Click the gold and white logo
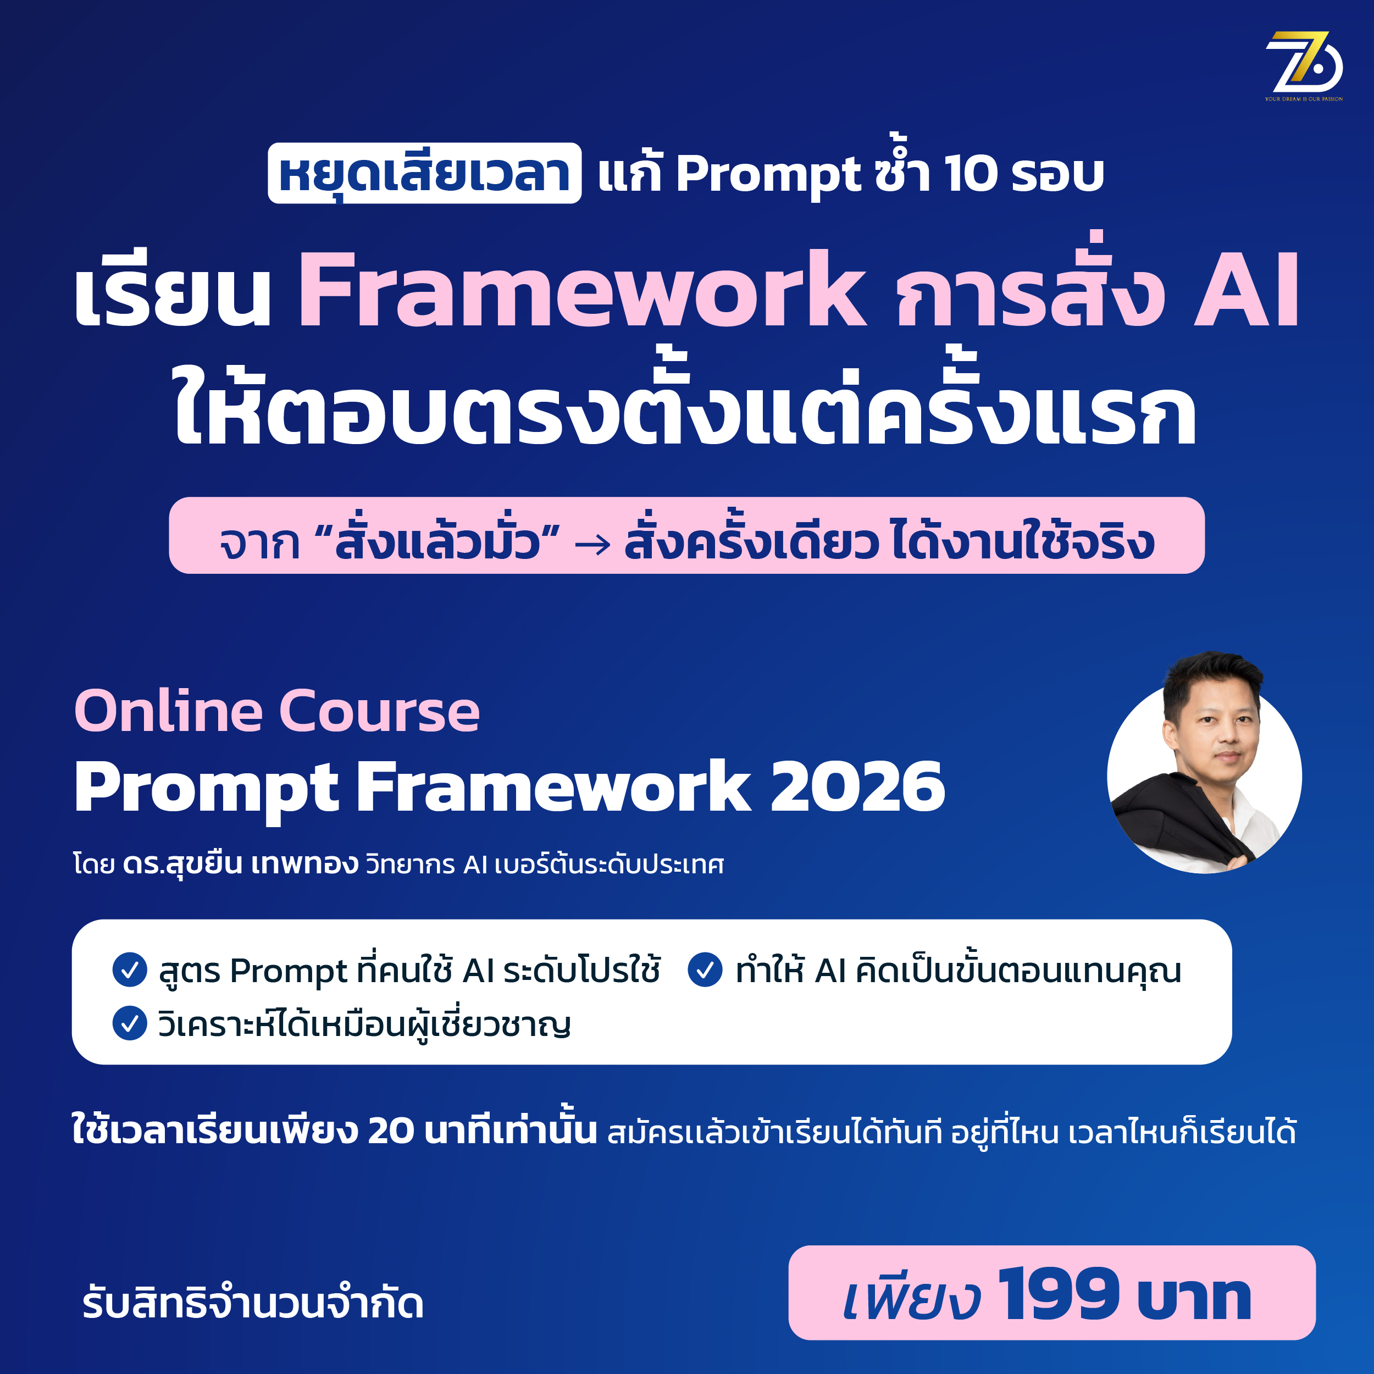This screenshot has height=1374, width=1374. (1304, 66)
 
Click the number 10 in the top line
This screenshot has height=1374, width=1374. (971, 174)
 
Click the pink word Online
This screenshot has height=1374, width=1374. (169, 711)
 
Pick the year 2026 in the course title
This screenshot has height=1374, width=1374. (858, 786)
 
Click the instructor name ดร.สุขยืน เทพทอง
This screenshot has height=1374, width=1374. (240, 865)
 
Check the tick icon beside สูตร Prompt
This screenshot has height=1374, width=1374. (130, 970)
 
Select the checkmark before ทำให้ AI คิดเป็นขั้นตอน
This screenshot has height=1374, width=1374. (706, 970)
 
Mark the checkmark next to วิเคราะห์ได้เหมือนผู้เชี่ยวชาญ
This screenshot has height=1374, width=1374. (130, 1023)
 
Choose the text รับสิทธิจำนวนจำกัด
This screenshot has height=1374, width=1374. (253, 1303)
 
